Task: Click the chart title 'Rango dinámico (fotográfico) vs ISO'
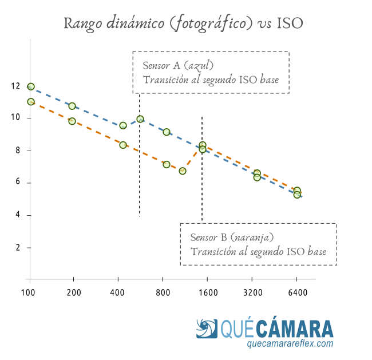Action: point(183,23)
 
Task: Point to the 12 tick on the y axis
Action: point(15,86)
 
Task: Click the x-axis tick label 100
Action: point(28,292)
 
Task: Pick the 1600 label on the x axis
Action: point(208,292)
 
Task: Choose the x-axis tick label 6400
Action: point(298,292)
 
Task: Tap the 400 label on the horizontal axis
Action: point(118,292)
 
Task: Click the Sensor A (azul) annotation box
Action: point(211,73)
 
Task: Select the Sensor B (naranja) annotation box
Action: point(259,244)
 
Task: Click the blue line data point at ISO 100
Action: point(31,86)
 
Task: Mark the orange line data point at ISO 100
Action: point(31,102)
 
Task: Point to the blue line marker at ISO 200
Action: point(72,106)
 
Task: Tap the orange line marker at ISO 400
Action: point(123,145)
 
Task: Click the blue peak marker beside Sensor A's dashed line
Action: point(140,119)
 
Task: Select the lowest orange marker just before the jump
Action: point(183,171)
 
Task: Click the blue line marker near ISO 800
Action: point(167,132)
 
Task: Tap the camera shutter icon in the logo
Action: point(207,330)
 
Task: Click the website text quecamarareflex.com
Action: point(290,344)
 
